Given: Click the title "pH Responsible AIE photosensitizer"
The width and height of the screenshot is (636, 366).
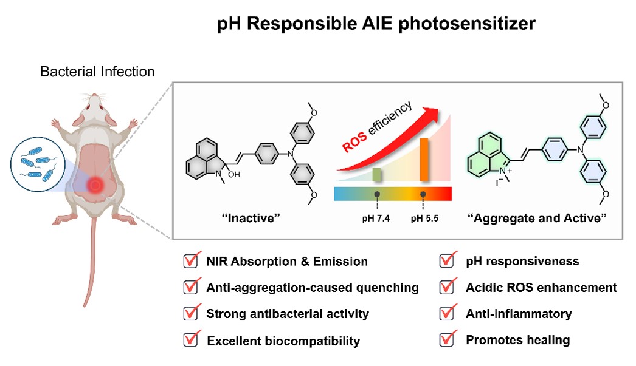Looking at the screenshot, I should click(x=377, y=24).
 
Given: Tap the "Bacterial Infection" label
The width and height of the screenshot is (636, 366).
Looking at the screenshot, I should click(x=97, y=72).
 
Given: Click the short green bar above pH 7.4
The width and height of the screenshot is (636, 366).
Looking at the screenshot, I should click(x=377, y=175).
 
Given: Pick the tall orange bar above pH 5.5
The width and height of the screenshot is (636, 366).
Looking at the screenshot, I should click(x=424, y=160).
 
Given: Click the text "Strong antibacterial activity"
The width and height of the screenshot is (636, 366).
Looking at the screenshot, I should click(x=288, y=314).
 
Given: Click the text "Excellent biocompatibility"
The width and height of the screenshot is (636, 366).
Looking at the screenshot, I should click(x=283, y=341).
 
